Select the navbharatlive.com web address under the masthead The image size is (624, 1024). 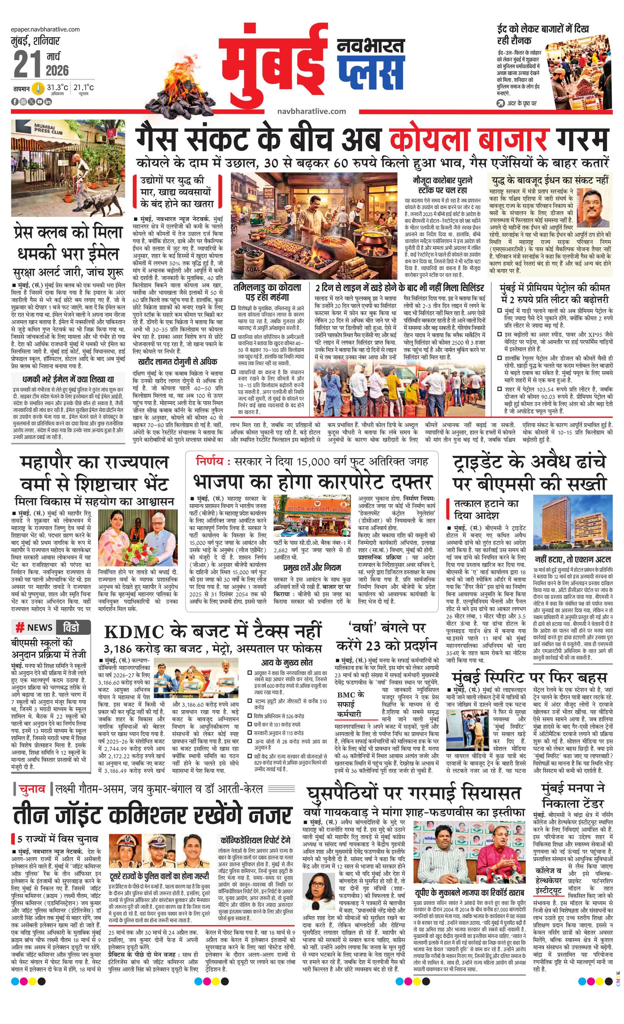[x=312, y=111]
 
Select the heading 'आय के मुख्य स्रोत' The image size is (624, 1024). [x=287, y=662]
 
